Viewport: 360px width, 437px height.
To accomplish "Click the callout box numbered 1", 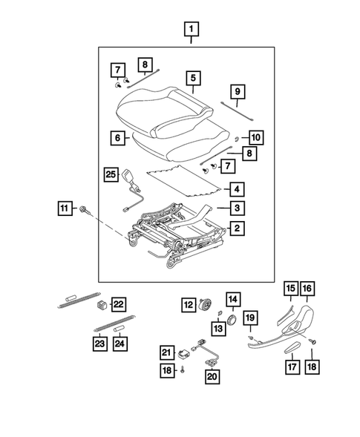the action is tap(192, 29).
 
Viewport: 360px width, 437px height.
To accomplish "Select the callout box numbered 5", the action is tap(193, 78).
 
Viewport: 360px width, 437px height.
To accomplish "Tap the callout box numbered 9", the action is tap(238, 91).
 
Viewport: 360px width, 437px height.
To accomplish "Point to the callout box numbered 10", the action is tap(256, 137).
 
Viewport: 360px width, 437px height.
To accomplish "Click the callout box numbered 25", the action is tap(111, 174).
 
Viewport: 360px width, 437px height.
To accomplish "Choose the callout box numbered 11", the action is tap(65, 208).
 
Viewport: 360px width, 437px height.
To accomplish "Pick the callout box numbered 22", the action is tap(119, 304).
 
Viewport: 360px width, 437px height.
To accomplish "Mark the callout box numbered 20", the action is tap(212, 377).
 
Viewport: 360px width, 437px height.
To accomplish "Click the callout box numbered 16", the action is tap(307, 289).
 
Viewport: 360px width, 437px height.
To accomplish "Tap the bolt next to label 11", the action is tap(85, 211).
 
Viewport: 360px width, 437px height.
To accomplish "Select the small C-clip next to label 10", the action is tap(237, 139).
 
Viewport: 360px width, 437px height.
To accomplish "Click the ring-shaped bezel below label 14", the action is tap(232, 319).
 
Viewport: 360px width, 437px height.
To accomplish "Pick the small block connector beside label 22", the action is tap(102, 305).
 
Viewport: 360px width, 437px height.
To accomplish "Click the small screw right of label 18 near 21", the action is tap(183, 369).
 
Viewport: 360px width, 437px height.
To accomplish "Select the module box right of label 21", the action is tap(183, 353).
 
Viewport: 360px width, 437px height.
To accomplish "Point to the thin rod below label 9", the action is tap(237, 111).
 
